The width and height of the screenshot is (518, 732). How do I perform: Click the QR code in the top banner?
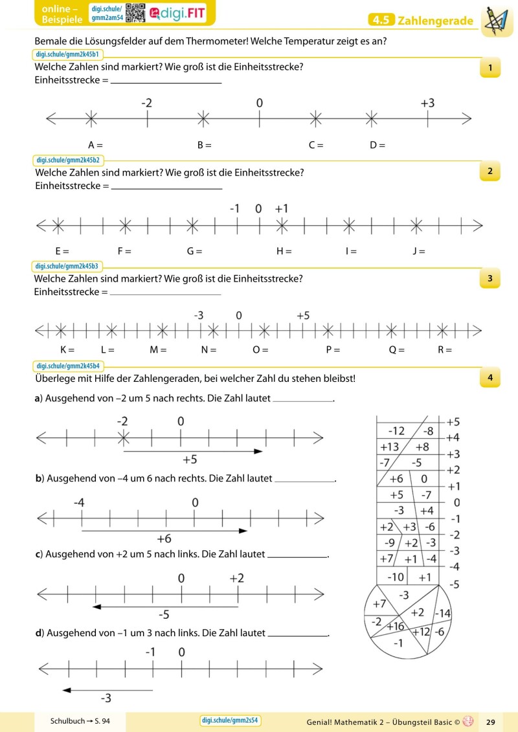pyautogui.click(x=135, y=13)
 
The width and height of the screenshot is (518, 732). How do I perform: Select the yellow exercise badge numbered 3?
pyautogui.click(x=490, y=278)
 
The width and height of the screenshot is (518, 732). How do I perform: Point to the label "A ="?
pyautogui.click(x=96, y=145)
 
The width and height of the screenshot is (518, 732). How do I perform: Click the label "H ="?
pyautogui.click(x=284, y=251)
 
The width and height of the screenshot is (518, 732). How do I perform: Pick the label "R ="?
pyautogui.click(x=445, y=350)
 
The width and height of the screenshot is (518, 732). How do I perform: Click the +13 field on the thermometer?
pyautogui.click(x=390, y=447)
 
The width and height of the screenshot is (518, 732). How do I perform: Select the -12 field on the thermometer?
pyautogui.click(x=396, y=431)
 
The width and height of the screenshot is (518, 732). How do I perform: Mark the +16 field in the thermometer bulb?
pyautogui.click(x=396, y=626)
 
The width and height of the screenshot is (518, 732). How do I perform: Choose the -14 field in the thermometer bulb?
pyautogui.click(x=444, y=613)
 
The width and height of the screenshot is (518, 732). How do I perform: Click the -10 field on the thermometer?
pyautogui.click(x=395, y=577)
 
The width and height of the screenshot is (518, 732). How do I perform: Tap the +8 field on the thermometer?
pyautogui.click(x=422, y=447)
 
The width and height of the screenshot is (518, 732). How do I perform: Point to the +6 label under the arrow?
pyautogui.click(x=164, y=538)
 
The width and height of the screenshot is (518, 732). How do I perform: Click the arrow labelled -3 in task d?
pyautogui.click(x=107, y=690)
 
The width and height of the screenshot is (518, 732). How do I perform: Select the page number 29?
pyautogui.click(x=490, y=722)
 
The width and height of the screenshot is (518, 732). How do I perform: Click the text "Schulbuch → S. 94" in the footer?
pyautogui.click(x=81, y=721)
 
